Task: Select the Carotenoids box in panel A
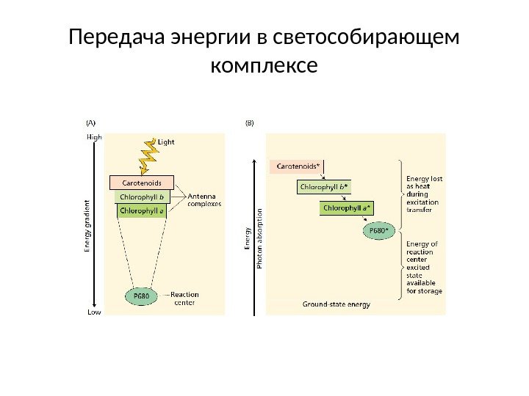coord(141,182)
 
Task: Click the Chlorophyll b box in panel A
coord(142,197)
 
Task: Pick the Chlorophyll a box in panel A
coord(142,210)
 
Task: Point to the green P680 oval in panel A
coord(141,296)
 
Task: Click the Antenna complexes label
coord(205,200)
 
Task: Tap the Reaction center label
coord(184,298)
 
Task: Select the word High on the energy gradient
coord(95,136)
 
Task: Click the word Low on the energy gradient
coord(94,312)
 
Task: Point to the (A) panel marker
coord(92,123)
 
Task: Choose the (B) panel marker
coord(249,123)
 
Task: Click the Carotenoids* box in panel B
coord(298,166)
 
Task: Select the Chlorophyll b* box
coord(325,187)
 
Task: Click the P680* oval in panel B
coord(378,230)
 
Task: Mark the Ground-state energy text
coord(337,304)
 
